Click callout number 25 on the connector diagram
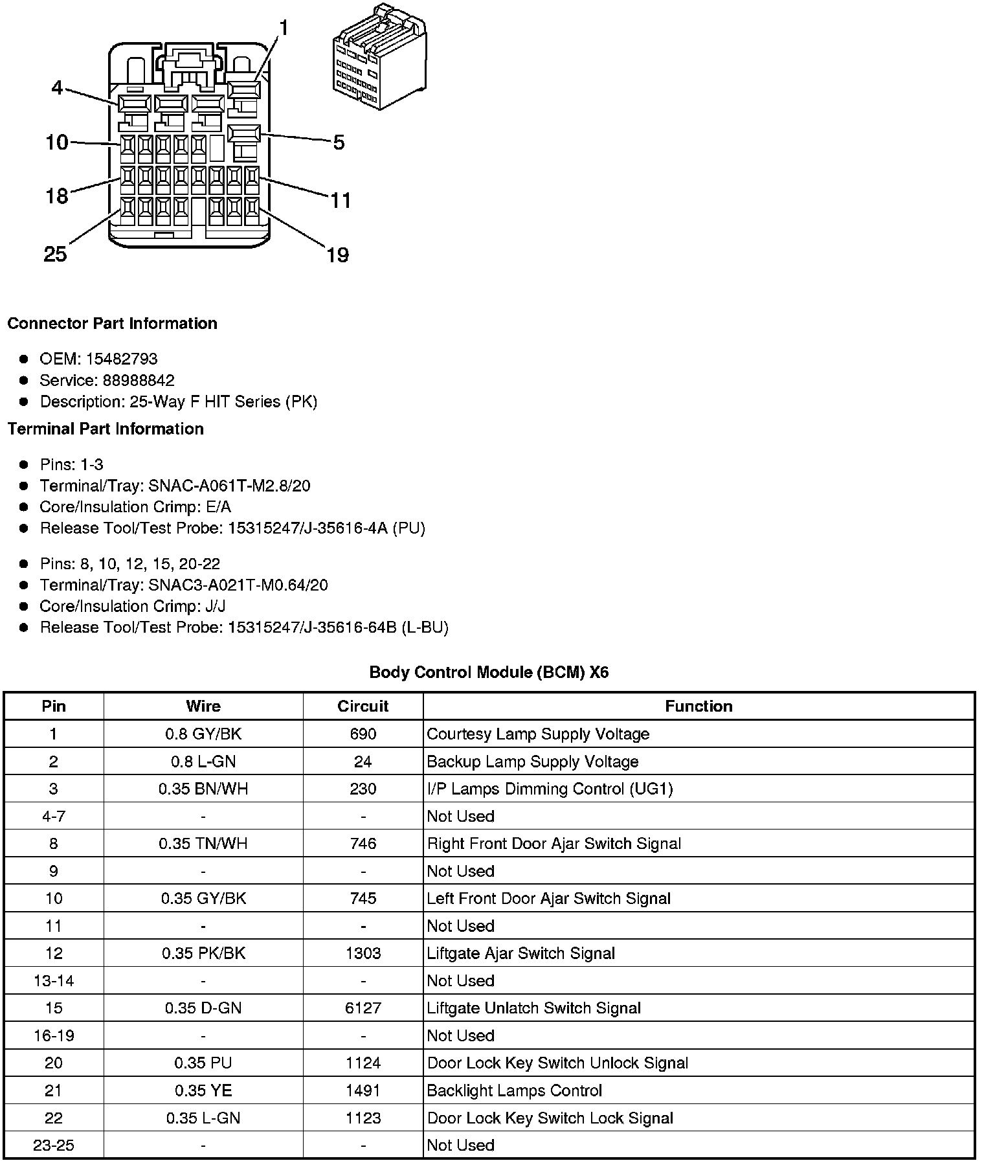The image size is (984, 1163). tap(56, 254)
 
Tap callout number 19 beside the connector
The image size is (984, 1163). tap(337, 255)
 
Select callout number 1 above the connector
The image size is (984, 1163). tap(283, 28)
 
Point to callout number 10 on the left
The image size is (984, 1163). tap(57, 142)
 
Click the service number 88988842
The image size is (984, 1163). tap(139, 380)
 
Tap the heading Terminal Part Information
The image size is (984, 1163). tap(106, 429)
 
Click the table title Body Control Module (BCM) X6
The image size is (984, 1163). tap(489, 672)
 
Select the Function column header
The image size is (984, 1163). tap(699, 706)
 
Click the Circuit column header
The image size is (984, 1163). tap(363, 706)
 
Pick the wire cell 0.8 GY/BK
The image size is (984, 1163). tap(203, 734)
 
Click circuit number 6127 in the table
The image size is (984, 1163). tap(363, 1008)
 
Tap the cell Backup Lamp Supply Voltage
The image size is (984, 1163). tap(533, 762)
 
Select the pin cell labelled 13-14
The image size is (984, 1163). tap(54, 981)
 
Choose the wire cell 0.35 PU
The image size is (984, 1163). tap(203, 1063)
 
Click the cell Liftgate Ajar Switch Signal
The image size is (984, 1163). tap(521, 953)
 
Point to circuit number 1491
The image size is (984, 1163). tap(363, 1090)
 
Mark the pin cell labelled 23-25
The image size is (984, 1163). tap(54, 1146)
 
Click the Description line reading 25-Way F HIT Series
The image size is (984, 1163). tap(179, 401)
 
